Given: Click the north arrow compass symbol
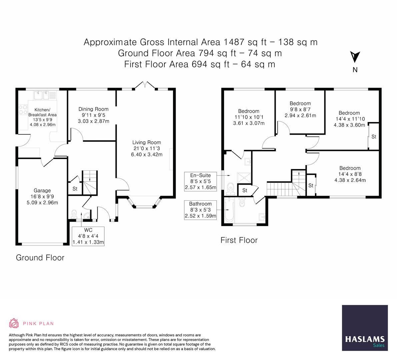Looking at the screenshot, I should [355, 57].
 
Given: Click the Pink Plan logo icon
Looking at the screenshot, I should [14, 323].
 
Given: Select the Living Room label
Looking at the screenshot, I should [146, 142].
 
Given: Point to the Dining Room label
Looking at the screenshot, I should [93, 109].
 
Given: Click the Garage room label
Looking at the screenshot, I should [42, 191].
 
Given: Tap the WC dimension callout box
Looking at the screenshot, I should [88, 236].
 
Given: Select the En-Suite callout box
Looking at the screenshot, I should [201, 181].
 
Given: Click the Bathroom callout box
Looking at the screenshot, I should [201, 210].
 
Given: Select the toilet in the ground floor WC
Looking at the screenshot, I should [74, 213].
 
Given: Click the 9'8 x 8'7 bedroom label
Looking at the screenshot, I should [300, 103].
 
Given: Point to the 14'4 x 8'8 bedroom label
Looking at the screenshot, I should [350, 168].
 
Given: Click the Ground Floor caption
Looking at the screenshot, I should [40, 258].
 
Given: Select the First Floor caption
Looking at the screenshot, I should [239, 240].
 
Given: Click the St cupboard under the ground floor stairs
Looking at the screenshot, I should [75, 189].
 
